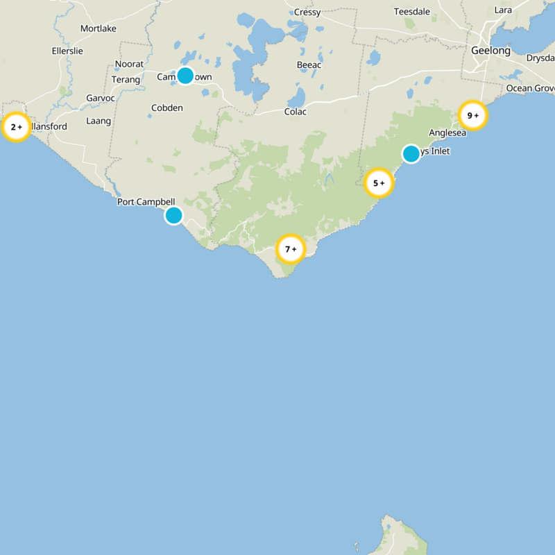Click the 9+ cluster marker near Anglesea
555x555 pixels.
[473, 115]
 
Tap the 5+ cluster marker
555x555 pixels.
[379, 183]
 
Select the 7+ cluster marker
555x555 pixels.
[291, 248]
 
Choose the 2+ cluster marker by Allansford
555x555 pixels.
[16, 127]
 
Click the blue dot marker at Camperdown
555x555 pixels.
[185, 76]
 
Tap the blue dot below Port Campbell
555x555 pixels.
[174, 215]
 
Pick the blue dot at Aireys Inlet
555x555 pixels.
[411, 153]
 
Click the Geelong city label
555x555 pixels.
[490, 51]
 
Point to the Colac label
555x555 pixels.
[296, 112]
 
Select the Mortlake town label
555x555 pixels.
[99, 28]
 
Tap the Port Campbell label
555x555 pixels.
[146, 202]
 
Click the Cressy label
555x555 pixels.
[307, 12]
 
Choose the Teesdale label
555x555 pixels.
[412, 12]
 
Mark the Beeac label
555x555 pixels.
[309, 65]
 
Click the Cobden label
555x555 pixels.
[167, 108]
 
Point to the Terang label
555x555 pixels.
[126, 80]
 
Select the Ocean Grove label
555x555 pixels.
[530, 88]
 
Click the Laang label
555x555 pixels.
[99, 121]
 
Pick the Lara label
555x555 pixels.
[503, 10]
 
